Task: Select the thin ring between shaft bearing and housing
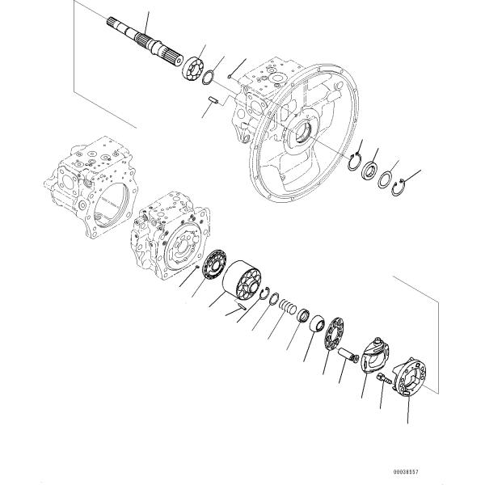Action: [x=208, y=78]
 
